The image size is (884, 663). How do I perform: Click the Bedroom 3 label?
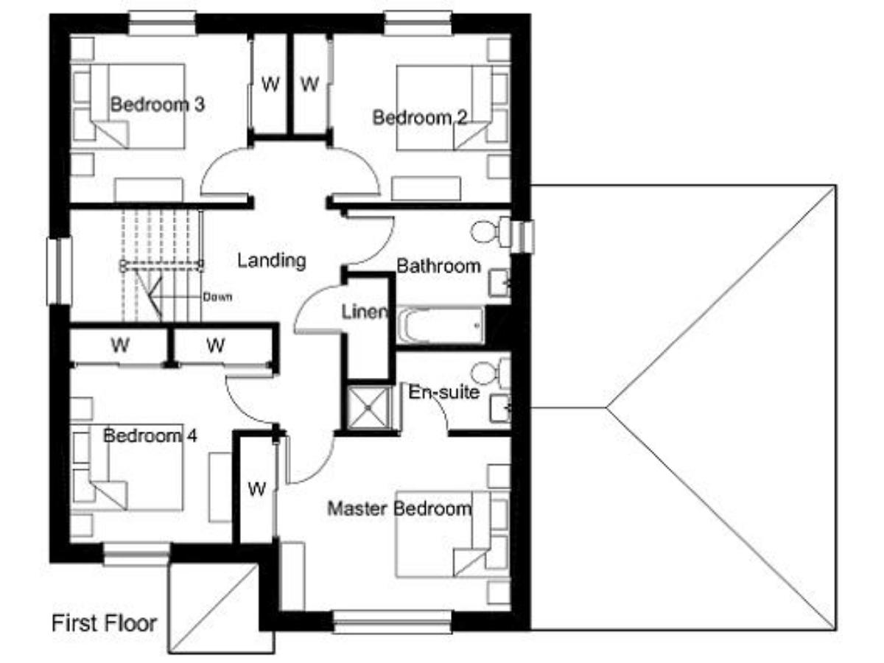[x=158, y=105]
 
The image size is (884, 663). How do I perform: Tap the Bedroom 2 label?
[x=420, y=118]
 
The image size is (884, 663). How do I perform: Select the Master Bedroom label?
[x=399, y=508]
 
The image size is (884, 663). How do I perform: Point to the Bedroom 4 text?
[x=150, y=435]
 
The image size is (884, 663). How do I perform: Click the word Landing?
[x=271, y=261]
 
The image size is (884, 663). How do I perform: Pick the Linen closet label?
[x=364, y=312]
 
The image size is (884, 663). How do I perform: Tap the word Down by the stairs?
[x=217, y=297]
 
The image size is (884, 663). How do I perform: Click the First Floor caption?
[x=105, y=623]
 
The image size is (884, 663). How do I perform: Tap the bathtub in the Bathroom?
[x=441, y=326]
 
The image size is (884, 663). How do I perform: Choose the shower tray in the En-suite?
[x=369, y=408]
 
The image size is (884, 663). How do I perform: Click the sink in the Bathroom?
[x=499, y=284]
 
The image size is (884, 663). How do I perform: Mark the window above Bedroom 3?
[x=162, y=24]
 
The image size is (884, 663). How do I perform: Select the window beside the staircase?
[x=59, y=271]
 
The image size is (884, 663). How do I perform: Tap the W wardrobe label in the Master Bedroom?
[x=256, y=489]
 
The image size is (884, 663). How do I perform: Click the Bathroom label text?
[x=438, y=266]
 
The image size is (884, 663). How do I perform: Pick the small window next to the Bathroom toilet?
[x=522, y=236]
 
